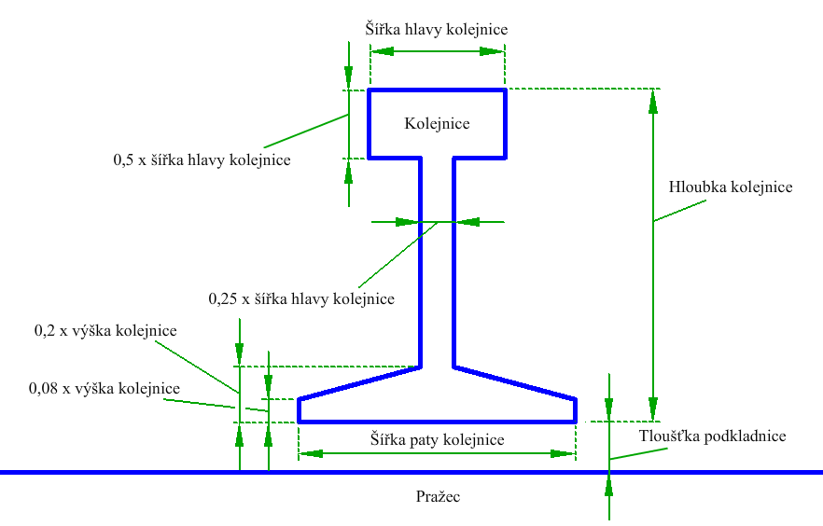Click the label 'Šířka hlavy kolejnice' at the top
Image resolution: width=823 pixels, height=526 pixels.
click(x=437, y=29)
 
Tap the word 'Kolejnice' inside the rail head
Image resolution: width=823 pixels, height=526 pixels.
click(x=437, y=123)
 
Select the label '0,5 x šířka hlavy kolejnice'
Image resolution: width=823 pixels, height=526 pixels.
click(x=202, y=159)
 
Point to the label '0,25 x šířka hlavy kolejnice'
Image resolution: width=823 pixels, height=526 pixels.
click(x=301, y=299)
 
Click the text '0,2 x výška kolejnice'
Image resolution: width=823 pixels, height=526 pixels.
click(x=105, y=330)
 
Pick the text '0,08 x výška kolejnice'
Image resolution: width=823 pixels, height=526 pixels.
click(x=105, y=388)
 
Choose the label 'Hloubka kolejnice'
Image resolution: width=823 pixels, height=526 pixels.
click(x=731, y=187)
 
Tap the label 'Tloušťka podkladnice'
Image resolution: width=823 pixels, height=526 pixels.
click(x=712, y=436)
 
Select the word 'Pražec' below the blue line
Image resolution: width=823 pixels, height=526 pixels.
click(x=438, y=496)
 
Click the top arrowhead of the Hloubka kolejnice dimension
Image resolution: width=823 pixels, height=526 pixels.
click(x=654, y=99)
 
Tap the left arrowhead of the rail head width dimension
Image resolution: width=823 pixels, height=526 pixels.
click(x=381, y=52)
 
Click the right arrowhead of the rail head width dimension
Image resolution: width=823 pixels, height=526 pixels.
click(x=495, y=52)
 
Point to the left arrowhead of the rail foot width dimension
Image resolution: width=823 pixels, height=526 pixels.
click(x=310, y=453)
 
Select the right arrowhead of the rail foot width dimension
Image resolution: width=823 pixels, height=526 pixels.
click(x=564, y=453)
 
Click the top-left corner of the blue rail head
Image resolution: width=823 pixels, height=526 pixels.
click(x=370, y=90)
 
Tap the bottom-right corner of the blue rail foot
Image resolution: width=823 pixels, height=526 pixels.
click(x=575, y=422)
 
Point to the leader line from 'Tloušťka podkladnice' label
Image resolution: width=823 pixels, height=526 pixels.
click(x=640, y=452)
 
